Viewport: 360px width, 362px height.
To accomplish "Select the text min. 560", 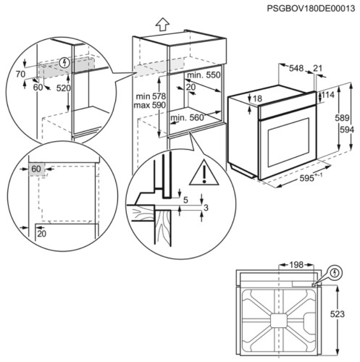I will [187, 117].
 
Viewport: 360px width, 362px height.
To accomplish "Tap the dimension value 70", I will [21, 74].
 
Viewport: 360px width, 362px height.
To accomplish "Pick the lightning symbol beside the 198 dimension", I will [335, 273].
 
